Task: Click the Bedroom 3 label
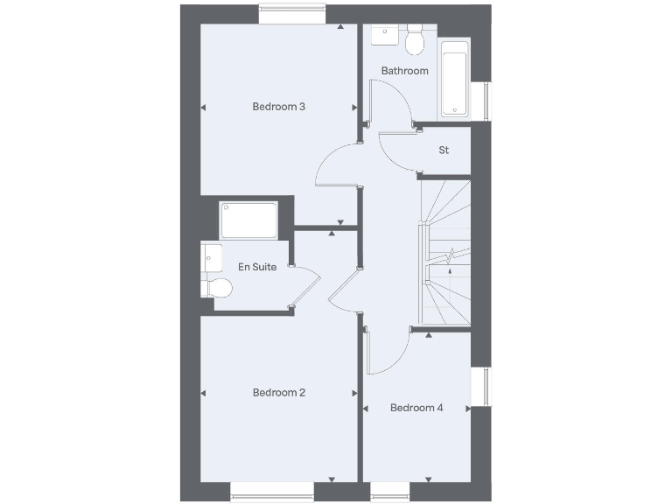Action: click(x=278, y=107)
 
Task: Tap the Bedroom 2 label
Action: click(x=278, y=393)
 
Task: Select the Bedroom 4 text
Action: click(x=416, y=408)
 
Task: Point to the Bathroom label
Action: click(x=405, y=71)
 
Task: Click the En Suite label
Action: click(x=259, y=267)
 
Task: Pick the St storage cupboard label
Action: click(x=444, y=150)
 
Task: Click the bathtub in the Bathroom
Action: click(x=454, y=78)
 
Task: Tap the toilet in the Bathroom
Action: click(x=415, y=38)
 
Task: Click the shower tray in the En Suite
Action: click(x=249, y=220)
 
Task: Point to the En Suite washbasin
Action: click(x=210, y=256)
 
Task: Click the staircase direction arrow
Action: click(x=450, y=271)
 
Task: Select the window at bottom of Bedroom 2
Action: click(x=270, y=492)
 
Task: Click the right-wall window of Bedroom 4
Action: click(x=480, y=387)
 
